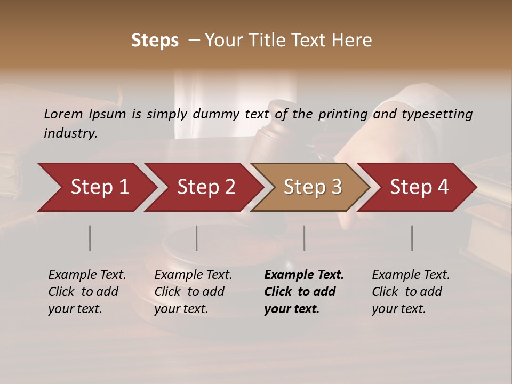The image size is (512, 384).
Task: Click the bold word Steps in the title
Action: pos(155,41)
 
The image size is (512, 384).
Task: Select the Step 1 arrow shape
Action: pos(96,187)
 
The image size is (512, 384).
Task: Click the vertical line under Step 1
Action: pos(90,238)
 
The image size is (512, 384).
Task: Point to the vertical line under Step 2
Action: pos(197,238)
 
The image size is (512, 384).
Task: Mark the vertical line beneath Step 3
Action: pos(305,238)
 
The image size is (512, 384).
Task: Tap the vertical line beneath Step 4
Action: pos(412,238)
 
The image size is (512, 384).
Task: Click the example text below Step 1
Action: pos(87,292)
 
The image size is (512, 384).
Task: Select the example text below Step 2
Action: pos(193,292)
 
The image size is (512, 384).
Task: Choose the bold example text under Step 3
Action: pos(304,292)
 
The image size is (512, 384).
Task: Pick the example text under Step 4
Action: pos(411,292)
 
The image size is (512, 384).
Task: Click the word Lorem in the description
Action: pos(63,114)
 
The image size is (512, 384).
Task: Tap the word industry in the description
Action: pos(70,133)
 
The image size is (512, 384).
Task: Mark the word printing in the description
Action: pos(343,114)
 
